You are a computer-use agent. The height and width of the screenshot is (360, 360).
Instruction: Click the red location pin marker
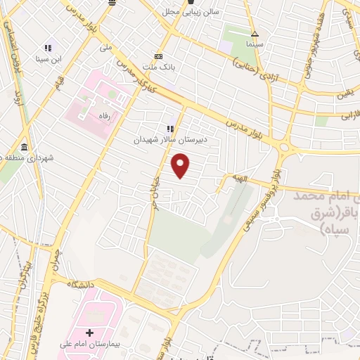[181, 167]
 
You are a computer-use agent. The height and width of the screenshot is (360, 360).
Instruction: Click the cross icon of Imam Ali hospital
[89, 333]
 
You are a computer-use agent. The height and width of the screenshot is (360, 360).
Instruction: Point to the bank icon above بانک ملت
[158, 57]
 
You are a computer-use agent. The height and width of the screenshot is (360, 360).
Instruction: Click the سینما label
[255, 45]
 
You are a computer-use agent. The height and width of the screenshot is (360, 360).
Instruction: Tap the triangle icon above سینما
[255, 34]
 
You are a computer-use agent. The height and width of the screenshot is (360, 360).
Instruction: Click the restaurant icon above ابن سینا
[47, 48]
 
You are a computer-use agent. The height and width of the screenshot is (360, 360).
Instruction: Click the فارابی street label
[349, 112]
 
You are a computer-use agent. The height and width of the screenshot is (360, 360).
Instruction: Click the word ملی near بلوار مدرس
[105, 48]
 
